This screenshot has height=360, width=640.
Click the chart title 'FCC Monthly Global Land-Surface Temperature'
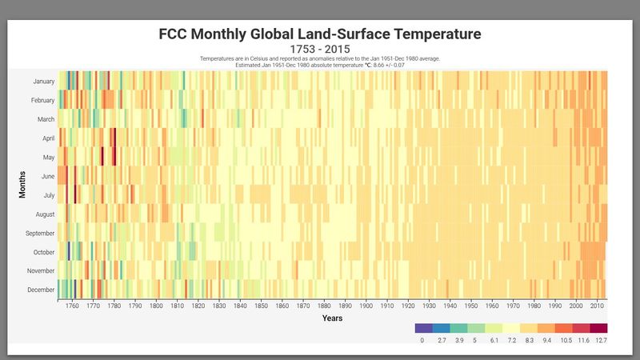tap(320, 34)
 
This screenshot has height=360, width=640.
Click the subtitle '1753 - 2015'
tap(320, 50)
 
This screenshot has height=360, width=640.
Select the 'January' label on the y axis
tap(44, 82)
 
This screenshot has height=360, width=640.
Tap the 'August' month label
tap(45, 214)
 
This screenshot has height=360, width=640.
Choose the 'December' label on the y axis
tap(42, 290)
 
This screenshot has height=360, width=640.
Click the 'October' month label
tap(44, 252)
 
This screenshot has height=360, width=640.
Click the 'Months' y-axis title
tap(23, 185)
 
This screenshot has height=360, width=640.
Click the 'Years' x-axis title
tap(333, 318)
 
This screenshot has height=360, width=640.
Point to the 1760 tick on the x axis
tap(72, 306)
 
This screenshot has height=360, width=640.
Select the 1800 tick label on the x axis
tap(156, 306)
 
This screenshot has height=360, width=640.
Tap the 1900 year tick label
tap(366, 306)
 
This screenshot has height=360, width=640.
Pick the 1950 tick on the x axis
tap(471, 306)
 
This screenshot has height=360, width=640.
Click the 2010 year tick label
tap(597, 306)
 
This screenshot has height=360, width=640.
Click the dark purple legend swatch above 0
tap(424, 328)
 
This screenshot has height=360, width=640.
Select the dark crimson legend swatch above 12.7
tap(599, 328)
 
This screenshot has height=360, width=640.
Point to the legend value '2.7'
tap(442, 341)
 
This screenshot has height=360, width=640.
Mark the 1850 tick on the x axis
tap(261, 306)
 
